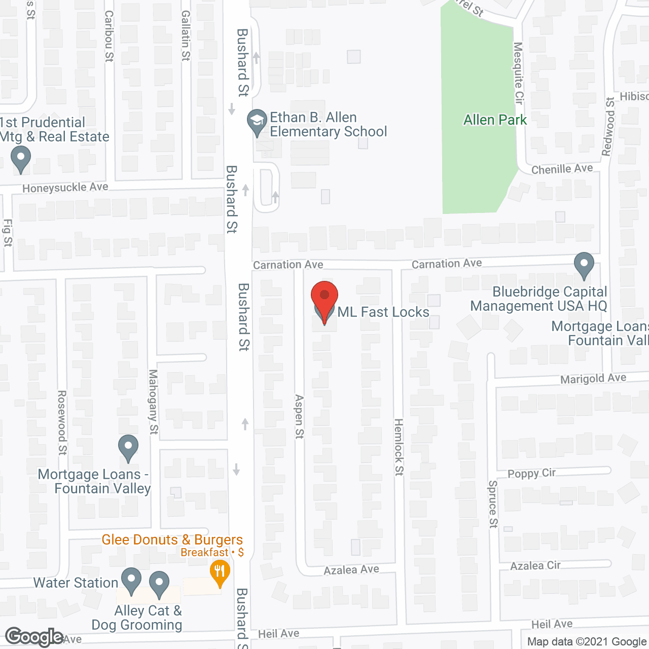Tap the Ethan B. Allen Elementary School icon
pyautogui.click(x=257, y=122)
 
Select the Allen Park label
pyautogui.click(x=495, y=120)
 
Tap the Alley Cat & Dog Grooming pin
pyautogui.click(x=159, y=584)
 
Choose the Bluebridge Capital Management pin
pyautogui.click(x=584, y=265)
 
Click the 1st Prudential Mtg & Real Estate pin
pyautogui.click(x=21, y=159)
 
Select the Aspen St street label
pyautogui.click(x=299, y=416)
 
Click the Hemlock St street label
pyautogui.click(x=399, y=447)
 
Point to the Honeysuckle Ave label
pyautogui.click(x=65, y=188)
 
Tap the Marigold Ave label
pyautogui.click(x=593, y=379)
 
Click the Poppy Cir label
pyautogui.click(x=531, y=473)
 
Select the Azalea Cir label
pyautogui.click(x=535, y=565)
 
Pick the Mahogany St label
pyautogui.click(x=153, y=402)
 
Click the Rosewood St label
pyautogui.click(x=62, y=422)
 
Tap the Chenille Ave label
pyautogui.click(x=562, y=169)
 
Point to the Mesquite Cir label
pyautogui.click(x=518, y=73)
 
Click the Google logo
pyautogui.click(x=34, y=637)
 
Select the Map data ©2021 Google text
pyautogui.click(x=587, y=642)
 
